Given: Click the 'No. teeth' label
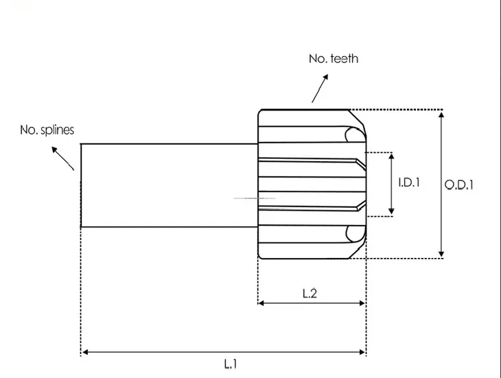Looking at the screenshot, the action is point(334,59).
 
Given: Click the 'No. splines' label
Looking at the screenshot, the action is point(47,130).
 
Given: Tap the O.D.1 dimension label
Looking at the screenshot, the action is point(459,185).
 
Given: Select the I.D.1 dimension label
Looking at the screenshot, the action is point(409,182).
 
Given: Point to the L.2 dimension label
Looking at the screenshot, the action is point(310,293).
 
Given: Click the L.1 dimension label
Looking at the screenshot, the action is point(231,364).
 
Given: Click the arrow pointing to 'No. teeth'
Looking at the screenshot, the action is point(320,88).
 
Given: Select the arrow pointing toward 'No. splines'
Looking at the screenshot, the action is point(63,158).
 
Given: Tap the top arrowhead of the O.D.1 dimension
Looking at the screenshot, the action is point(441,115).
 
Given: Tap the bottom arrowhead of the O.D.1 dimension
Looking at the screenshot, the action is point(441,254).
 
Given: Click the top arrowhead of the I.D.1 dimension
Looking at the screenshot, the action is point(391,156).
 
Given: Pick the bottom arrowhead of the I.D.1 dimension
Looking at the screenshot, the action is point(391,211).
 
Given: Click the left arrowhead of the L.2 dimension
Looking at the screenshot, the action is point(261,303).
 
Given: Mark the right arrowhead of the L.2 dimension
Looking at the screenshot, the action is point(362,303).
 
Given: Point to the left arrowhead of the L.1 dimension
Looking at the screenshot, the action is point(85,352).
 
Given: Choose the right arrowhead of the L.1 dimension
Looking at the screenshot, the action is point(362,352).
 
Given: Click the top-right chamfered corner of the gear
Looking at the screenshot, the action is point(357,117).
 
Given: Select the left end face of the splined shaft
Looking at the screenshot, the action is point(81,185).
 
